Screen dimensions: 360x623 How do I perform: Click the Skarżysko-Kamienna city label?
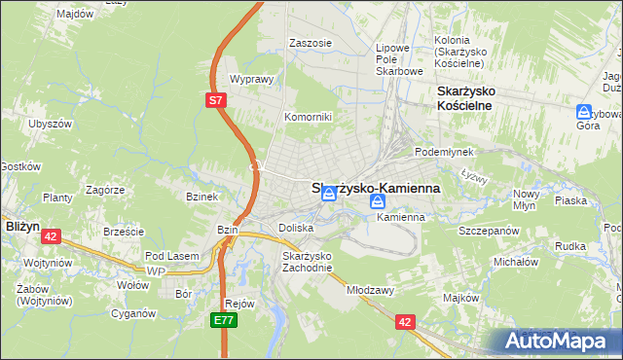click(376, 189)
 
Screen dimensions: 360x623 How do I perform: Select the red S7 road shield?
click(216, 100)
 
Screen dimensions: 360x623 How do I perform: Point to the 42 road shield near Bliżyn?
click(52, 235)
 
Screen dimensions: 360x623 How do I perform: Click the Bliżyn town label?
click(21, 225)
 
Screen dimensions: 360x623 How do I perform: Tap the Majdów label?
click(75, 15)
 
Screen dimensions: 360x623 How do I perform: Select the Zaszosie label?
click(311, 43)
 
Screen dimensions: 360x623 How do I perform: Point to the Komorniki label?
click(308, 117)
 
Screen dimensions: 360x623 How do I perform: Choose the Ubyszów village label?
click(51, 124)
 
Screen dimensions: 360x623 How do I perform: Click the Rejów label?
click(238, 304)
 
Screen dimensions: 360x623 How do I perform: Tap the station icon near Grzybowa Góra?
click(585, 113)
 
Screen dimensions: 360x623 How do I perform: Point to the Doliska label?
click(296, 228)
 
